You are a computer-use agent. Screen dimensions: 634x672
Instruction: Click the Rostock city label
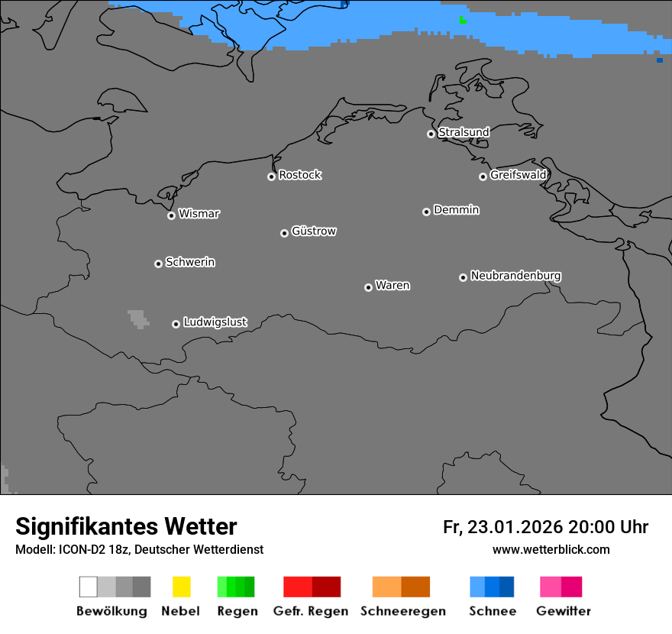(299, 175)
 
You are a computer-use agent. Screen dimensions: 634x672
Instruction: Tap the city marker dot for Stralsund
(431, 134)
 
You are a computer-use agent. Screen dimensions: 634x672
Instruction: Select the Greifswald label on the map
(518, 175)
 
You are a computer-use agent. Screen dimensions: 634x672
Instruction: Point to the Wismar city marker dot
(171, 215)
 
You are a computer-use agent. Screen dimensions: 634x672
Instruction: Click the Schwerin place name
(190, 262)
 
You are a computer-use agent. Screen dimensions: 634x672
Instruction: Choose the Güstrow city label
(314, 231)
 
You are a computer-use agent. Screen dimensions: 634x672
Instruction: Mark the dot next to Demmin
(426, 212)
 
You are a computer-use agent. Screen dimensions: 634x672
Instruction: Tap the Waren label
(393, 286)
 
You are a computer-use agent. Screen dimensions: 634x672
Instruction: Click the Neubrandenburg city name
(515, 275)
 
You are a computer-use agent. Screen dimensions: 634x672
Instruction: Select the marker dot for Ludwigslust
(176, 324)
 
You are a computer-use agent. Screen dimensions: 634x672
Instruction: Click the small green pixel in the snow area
(463, 21)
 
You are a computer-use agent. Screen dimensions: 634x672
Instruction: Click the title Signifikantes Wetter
(126, 526)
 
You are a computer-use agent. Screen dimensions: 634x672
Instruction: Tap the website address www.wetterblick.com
(551, 549)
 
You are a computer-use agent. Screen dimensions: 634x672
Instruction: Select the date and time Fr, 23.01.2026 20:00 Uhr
(545, 527)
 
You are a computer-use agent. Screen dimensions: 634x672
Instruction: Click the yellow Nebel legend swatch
(181, 587)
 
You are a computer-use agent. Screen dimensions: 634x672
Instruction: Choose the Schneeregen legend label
(402, 611)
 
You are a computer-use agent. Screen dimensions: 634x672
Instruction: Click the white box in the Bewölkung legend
(89, 587)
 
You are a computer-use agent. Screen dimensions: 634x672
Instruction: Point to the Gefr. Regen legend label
(310, 611)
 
